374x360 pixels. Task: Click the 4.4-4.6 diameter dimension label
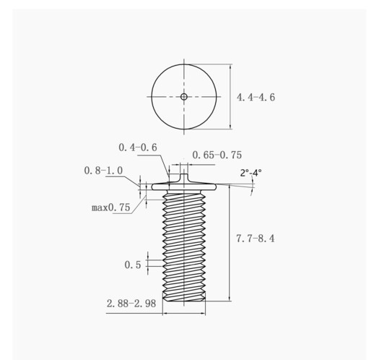click(256, 98)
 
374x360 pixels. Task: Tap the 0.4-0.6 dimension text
click(138, 147)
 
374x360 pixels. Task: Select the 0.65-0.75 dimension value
click(217, 155)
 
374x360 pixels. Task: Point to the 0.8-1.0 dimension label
click(103, 171)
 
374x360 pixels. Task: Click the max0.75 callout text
click(111, 207)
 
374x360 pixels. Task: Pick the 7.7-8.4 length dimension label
click(255, 239)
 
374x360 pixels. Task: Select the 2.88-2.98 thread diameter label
click(131, 304)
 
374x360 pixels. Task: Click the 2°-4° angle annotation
click(251, 173)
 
